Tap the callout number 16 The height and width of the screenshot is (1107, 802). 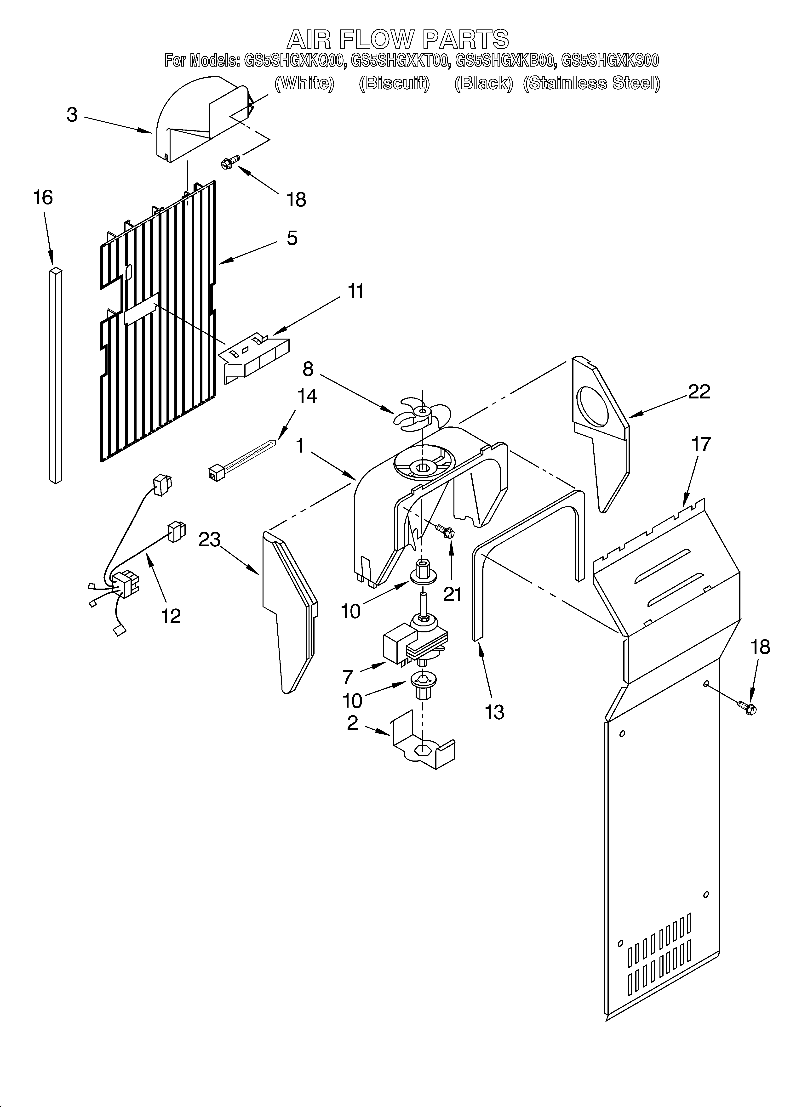click(43, 198)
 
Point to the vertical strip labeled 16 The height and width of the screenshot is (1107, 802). click(56, 375)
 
